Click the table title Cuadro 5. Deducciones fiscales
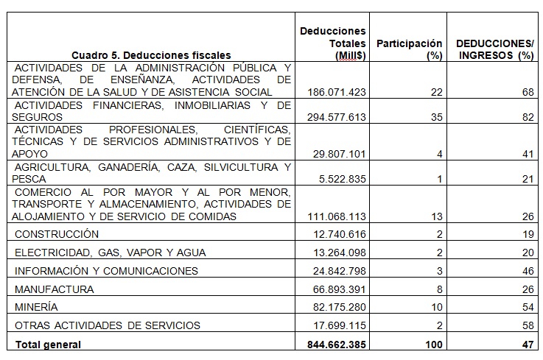click(x=151, y=55)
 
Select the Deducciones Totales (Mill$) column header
click(x=333, y=43)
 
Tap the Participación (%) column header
click(x=409, y=49)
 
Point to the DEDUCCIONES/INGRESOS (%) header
click(x=494, y=49)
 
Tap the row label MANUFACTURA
click(x=54, y=289)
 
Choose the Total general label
click(x=47, y=344)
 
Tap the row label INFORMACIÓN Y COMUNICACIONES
click(x=106, y=270)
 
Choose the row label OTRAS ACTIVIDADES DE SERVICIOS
click(x=107, y=325)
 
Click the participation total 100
click(x=432, y=344)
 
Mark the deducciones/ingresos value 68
click(x=526, y=92)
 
